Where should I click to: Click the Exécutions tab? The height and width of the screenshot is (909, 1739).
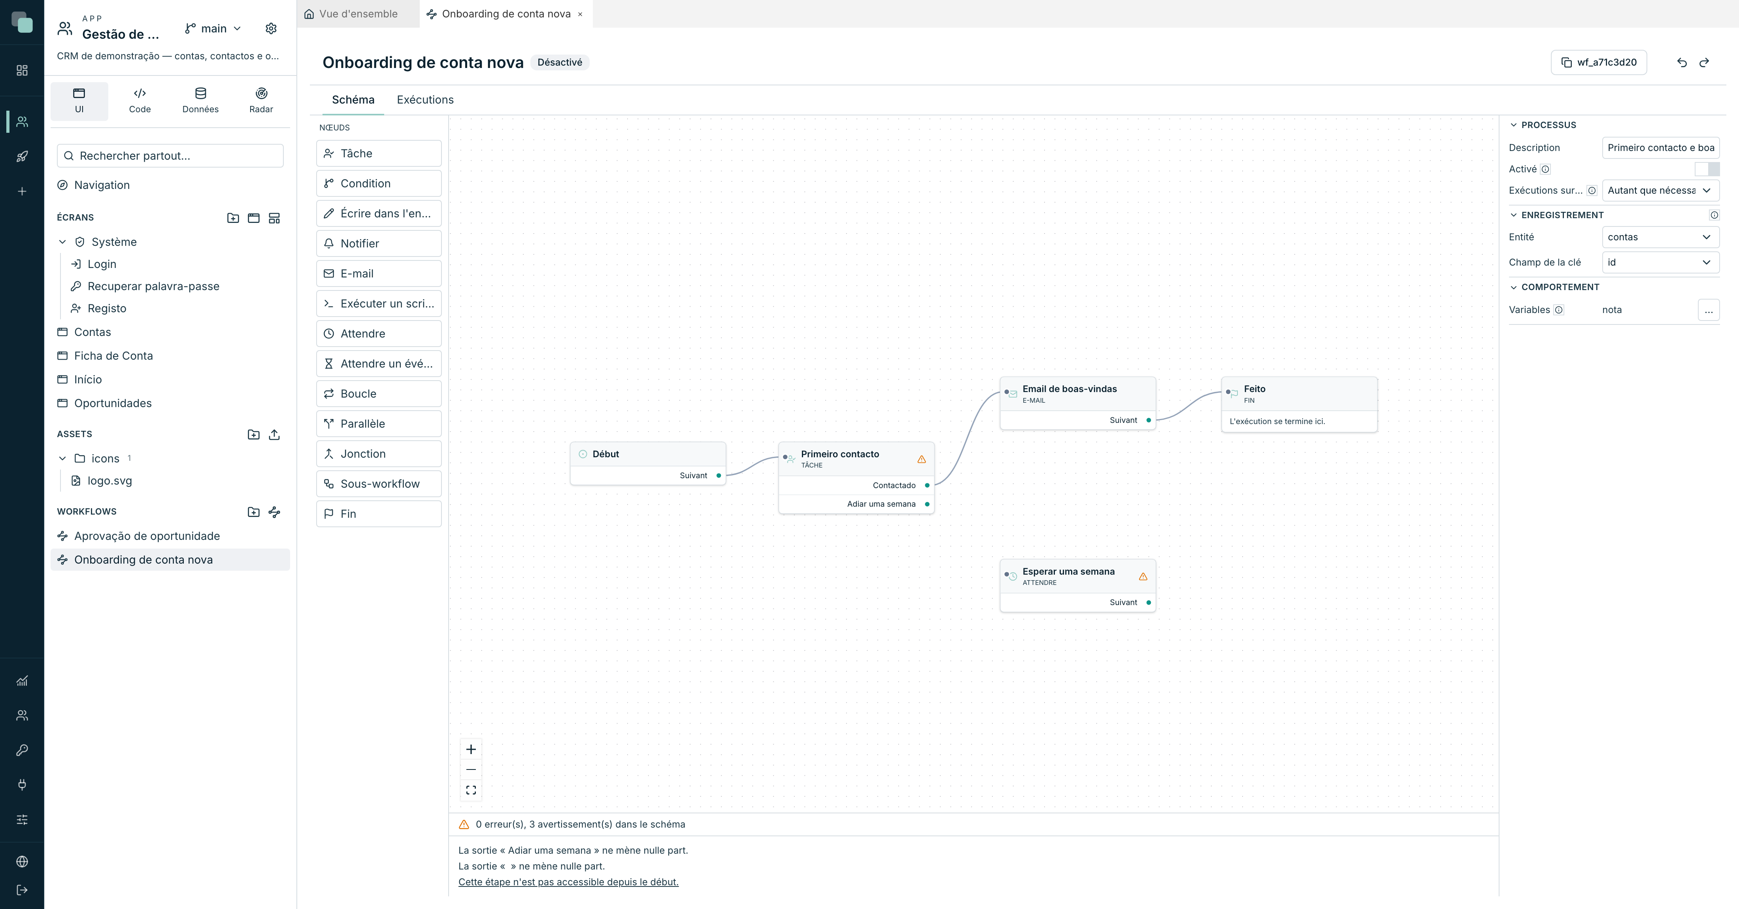(424, 100)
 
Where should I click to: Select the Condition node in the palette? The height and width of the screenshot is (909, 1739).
(379, 183)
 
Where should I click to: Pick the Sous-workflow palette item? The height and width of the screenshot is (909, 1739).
(379, 484)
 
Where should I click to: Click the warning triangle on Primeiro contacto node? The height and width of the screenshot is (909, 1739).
(922, 460)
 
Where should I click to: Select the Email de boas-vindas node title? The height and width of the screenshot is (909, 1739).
(1069, 389)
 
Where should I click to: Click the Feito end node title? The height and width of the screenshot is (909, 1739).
(1254, 389)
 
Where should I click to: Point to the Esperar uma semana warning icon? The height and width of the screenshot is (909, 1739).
(1143, 577)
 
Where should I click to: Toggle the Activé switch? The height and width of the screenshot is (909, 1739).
(1707, 169)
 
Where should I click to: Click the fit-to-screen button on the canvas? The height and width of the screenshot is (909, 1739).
(471, 790)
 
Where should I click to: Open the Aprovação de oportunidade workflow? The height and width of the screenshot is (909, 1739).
(147, 536)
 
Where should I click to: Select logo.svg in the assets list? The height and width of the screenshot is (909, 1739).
(109, 481)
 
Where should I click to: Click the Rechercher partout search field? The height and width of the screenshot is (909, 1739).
(170, 156)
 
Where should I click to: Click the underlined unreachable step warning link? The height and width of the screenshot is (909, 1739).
(568, 882)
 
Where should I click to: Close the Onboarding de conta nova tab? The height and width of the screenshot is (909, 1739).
(580, 14)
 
